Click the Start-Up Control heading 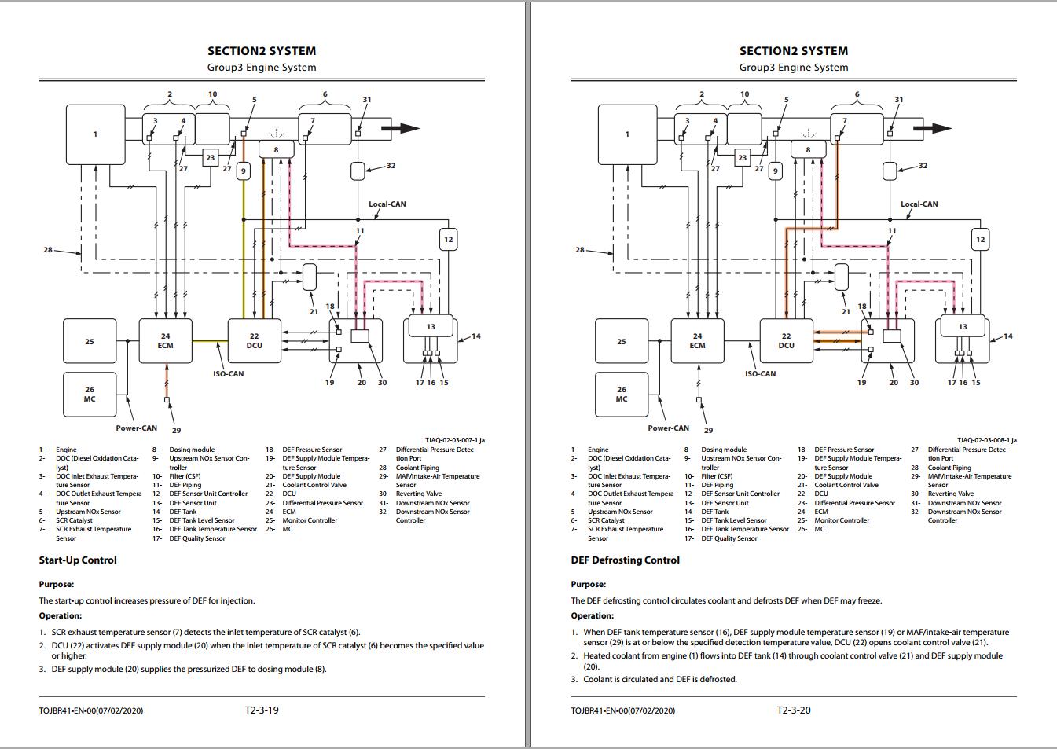78,560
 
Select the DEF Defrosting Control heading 625,560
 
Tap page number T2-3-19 262,710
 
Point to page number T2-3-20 794,710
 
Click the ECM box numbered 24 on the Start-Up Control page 166,341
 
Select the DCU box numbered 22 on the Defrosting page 786,341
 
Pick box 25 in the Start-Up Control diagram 90,341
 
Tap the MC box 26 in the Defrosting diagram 622,395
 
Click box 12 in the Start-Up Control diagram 448,240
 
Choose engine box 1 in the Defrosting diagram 627,134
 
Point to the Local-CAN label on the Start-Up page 387,204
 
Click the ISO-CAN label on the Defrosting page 760,374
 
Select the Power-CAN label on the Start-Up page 137,428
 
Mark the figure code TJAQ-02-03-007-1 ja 454,441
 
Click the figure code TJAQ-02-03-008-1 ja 986,441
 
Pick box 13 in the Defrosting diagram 963,326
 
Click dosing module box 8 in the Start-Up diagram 276,149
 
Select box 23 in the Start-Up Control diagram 210,158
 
